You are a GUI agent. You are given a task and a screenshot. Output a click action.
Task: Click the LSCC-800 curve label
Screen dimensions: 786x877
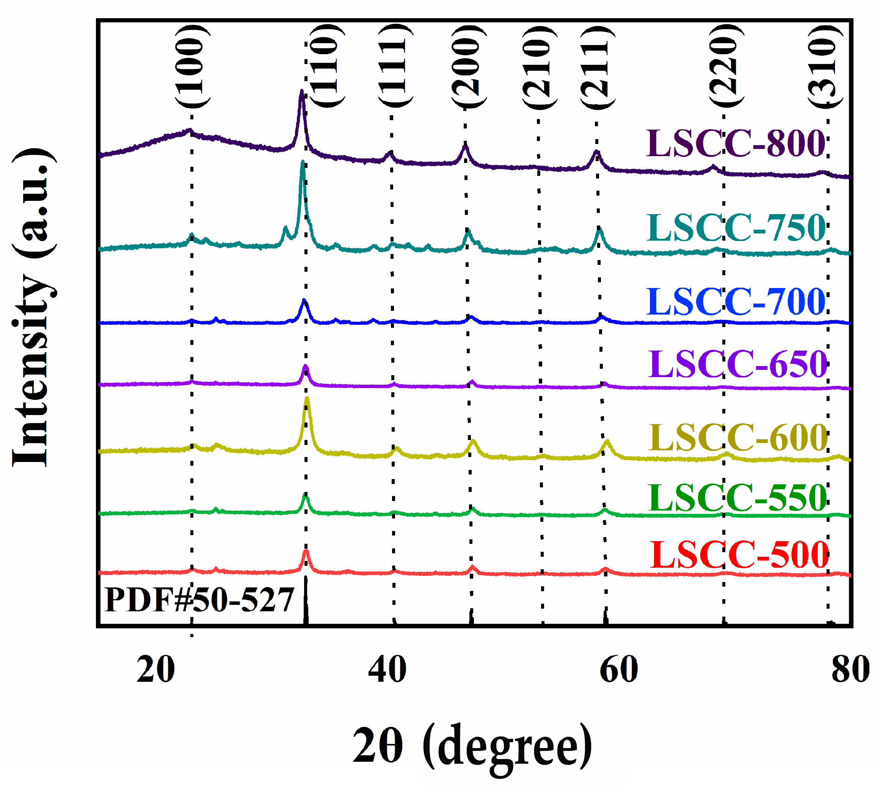(x=735, y=143)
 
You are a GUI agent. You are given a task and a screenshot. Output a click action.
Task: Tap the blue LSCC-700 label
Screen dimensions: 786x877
(x=735, y=301)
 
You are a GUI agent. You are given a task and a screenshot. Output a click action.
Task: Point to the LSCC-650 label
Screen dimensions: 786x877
(x=737, y=364)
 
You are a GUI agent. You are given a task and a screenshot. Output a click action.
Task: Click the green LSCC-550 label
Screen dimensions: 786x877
(x=737, y=498)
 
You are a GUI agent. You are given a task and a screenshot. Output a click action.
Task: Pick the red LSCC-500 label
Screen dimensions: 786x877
(x=739, y=555)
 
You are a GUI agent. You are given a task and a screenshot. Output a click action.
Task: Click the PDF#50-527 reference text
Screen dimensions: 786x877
(x=199, y=600)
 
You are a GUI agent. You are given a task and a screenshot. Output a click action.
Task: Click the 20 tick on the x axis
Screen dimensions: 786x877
(x=155, y=670)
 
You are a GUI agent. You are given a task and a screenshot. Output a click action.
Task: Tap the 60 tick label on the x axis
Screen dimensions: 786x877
(x=619, y=670)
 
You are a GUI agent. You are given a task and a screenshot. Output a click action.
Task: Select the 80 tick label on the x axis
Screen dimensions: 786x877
(x=850, y=670)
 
